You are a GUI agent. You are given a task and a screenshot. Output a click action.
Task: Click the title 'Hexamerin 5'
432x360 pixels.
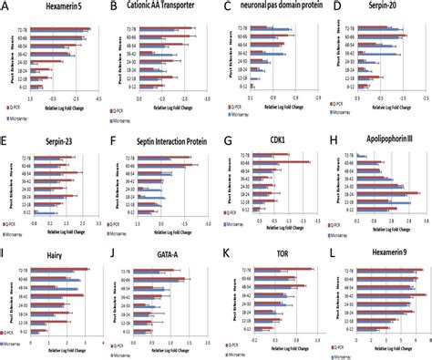pyautogui.click(x=53, y=8)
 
